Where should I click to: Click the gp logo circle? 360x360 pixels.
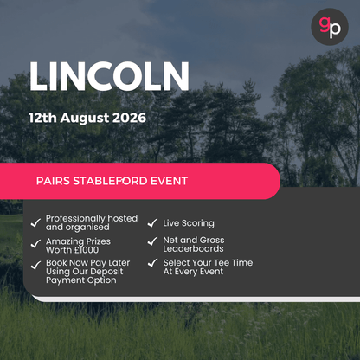click(329, 28)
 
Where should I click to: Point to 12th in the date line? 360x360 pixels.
click(42, 118)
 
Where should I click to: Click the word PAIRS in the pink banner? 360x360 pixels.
click(56, 182)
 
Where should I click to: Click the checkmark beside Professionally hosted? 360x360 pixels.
click(35, 222)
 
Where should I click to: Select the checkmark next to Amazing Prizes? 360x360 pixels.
click(35, 244)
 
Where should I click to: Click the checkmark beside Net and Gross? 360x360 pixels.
click(152, 240)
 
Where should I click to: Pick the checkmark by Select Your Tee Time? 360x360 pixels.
click(152, 262)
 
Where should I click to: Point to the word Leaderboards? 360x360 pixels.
click(192, 249)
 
